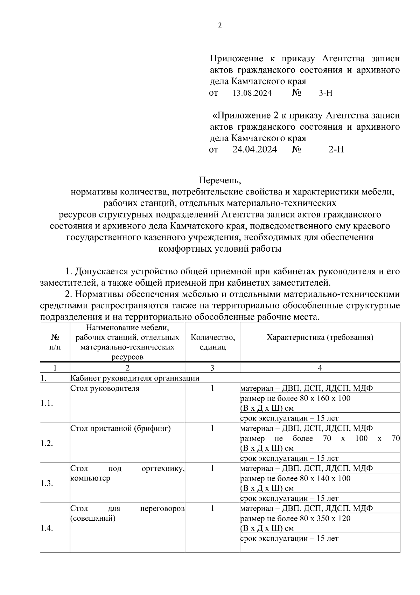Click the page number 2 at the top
(219, 25)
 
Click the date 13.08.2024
(252, 93)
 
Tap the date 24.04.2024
(254, 150)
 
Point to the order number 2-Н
(336, 150)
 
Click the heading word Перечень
(220, 180)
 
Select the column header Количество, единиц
(212, 342)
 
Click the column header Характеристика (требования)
(320, 337)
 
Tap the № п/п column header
(55, 342)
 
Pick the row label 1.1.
(47, 403)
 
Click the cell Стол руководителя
(105, 388)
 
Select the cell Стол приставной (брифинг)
(120, 428)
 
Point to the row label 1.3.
(47, 483)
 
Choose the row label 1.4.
(47, 529)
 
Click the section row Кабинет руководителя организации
(135, 378)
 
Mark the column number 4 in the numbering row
(320, 368)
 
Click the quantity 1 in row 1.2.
(212, 428)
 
